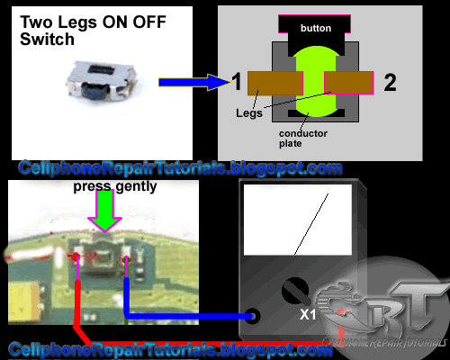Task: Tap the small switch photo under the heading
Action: [x=99, y=78]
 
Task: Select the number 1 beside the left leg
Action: [x=236, y=84]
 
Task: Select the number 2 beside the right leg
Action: [x=389, y=84]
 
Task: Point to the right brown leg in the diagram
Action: [x=347, y=83]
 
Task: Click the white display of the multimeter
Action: [x=297, y=224]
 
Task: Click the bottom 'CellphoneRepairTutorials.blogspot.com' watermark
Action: [x=171, y=349]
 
